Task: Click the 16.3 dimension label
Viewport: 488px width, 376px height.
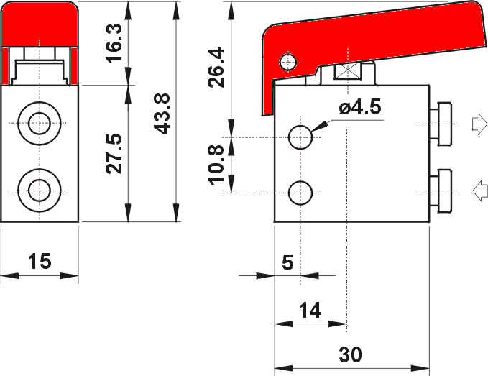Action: [114, 43]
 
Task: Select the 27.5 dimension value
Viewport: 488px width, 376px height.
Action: [114, 153]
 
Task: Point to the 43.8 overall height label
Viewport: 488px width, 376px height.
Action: [162, 114]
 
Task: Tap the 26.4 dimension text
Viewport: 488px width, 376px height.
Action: [216, 68]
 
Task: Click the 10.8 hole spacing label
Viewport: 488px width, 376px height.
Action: [216, 165]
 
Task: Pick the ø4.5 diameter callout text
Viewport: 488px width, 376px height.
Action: [360, 107]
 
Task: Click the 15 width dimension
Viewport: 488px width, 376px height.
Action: [40, 261]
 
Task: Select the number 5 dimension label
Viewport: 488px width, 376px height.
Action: [287, 262]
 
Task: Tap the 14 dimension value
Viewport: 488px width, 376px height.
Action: [310, 310]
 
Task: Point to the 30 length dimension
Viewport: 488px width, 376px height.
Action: [351, 354]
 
